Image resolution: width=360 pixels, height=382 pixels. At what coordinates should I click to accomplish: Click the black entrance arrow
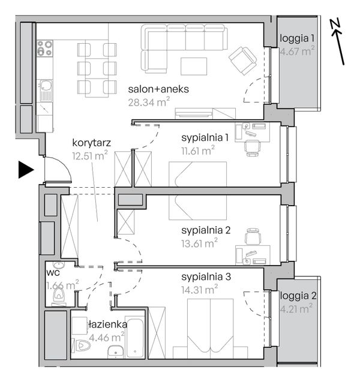(x=25, y=170)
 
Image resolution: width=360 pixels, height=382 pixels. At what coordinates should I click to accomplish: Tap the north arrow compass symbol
(x=338, y=42)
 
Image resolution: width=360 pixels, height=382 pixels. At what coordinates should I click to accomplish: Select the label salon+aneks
(x=158, y=89)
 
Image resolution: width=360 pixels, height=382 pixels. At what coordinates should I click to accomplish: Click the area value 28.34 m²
(x=149, y=102)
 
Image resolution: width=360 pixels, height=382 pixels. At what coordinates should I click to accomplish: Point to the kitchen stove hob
(x=44, y=48)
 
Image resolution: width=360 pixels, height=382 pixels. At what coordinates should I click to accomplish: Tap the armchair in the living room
(x=242, y=61)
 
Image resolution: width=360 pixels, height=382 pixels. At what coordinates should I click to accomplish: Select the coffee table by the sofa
(x=194, y=66)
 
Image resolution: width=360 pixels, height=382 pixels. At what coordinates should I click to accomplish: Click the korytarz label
(x=92, y=143)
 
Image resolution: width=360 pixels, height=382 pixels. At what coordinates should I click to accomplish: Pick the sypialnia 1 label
(x=205, y=138)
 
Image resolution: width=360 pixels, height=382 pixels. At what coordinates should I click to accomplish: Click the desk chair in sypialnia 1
(x=252, y=148)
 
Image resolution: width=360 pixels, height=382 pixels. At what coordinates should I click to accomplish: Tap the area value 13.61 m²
(x=199, y=243)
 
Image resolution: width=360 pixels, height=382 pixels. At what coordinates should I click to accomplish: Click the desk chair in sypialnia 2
(x=253, y=236)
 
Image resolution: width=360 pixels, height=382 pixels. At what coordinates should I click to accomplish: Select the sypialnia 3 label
(x=206, y=277)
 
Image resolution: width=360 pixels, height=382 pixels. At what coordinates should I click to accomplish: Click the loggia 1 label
(x=297, y=39)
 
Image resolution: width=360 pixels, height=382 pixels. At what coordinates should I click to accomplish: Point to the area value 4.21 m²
(x=296, y=309)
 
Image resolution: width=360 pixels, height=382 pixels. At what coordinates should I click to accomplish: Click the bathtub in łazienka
(x=134, y=337)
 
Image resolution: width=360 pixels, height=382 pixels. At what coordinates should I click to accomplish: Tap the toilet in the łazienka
(x=81, y=345)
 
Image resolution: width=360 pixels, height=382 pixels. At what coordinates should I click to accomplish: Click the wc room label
(x=53, y=273)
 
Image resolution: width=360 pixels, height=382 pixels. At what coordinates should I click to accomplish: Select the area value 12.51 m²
(x=90, y=155)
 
